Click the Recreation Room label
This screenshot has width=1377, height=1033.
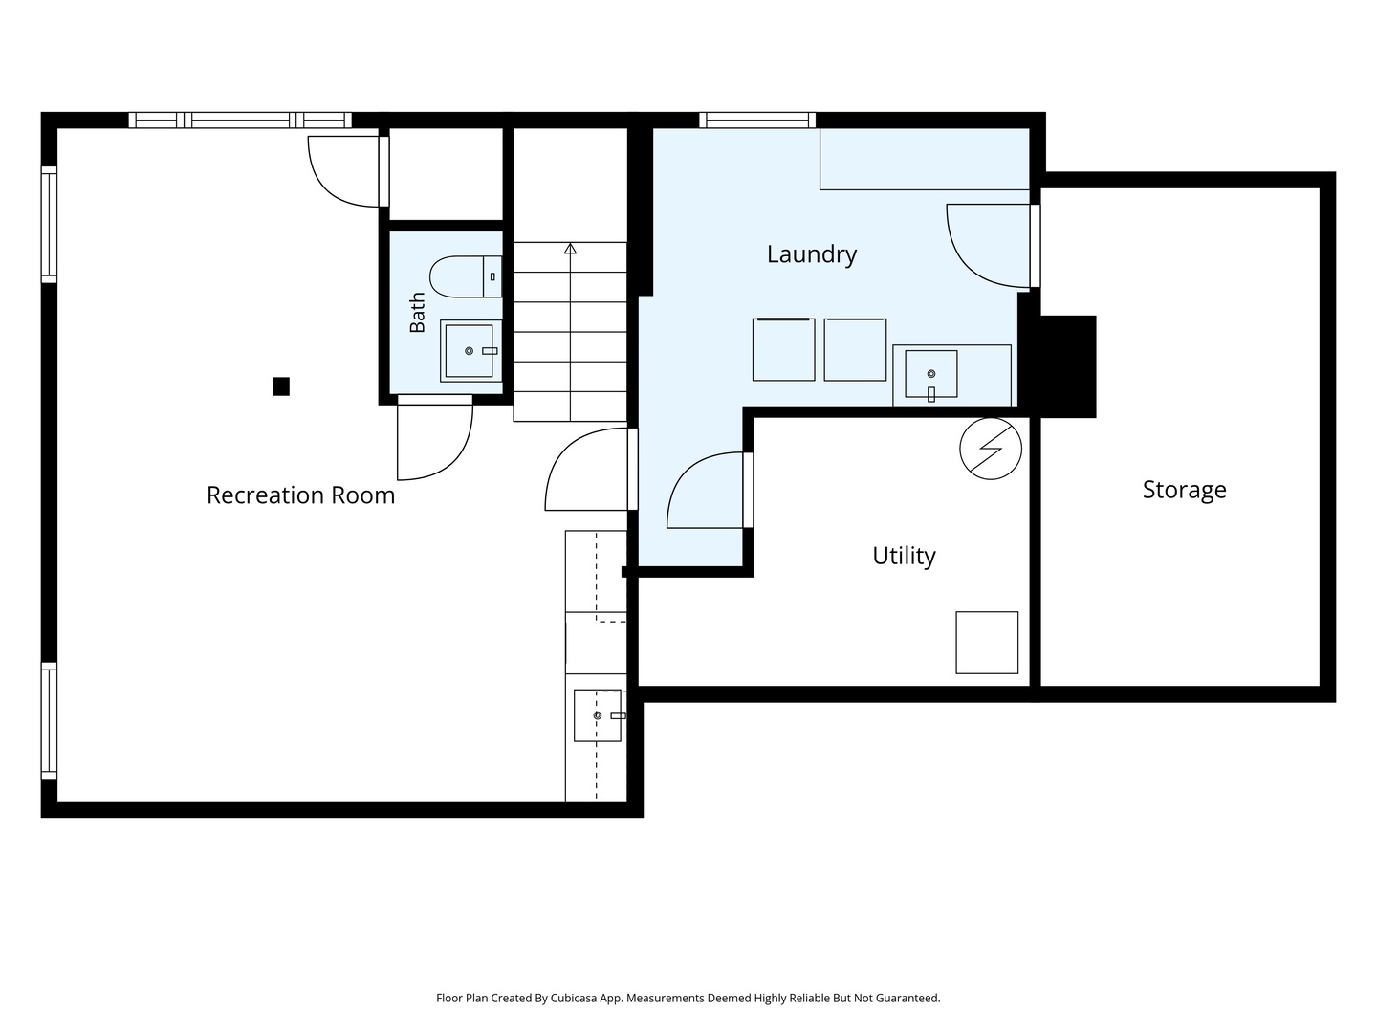300,495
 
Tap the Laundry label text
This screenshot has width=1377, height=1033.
811,254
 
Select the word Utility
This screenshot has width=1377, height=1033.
904,557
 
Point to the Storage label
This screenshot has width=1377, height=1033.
1184,490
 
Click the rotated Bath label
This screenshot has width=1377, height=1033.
417,313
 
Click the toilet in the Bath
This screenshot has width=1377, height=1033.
466,276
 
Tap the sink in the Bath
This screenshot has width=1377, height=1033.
470,351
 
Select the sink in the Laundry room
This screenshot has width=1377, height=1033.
931,374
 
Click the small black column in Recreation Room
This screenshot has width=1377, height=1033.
281,386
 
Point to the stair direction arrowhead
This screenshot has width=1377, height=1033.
570,249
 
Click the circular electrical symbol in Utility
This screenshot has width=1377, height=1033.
991,450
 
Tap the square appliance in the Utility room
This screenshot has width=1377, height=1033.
987,643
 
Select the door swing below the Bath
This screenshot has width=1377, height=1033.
434,438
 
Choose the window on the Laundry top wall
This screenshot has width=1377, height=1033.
757,120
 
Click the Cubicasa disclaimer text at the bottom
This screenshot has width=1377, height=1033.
688,998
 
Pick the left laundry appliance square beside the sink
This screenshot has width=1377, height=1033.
783,349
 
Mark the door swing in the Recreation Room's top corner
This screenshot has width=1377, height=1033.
347,170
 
